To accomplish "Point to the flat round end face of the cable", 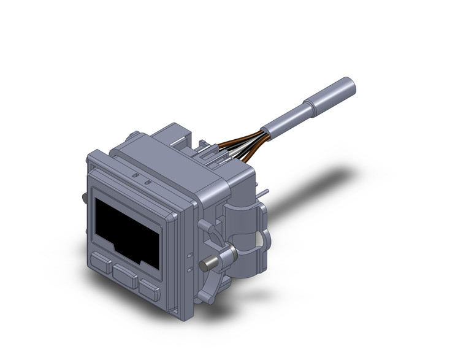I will (x=352, y=83).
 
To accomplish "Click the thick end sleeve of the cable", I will (x=334, y=94).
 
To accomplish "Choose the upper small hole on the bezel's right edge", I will (x=189, y=254).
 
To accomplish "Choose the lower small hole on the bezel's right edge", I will (x=189, y=268).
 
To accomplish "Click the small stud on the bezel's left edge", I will (x=83, y=197).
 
